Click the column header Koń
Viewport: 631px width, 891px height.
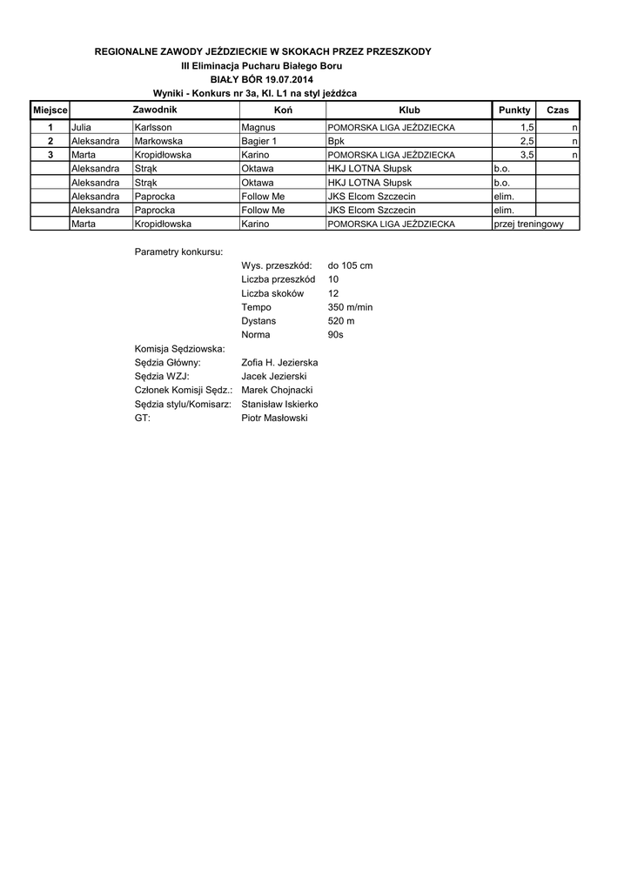click(282, 111)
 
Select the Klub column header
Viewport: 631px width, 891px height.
click(408, 111)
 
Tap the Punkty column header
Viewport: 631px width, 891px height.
click(513, 111)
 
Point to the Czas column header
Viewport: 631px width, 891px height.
click(557, 111)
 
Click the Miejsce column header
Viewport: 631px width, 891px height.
click(50, 111)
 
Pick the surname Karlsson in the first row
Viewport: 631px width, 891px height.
click(153, 127)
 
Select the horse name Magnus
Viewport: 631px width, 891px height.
click(258, 127)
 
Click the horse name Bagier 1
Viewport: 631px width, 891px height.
click(259, 141)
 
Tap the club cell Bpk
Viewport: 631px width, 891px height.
click(336, 141)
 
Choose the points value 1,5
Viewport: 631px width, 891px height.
click(527, 127)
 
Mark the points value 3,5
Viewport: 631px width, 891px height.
click(527, 155)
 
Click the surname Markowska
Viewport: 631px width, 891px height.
click(159, 141)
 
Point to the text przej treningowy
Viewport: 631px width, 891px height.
click(528, 224)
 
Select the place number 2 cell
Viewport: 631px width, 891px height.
click(50, 141)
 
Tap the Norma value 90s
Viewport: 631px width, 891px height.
click(336, 334)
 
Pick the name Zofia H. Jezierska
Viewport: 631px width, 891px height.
click(279, 362)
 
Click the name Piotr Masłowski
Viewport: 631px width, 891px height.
click(274, 418)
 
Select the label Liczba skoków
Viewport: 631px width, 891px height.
click(272, 293)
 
